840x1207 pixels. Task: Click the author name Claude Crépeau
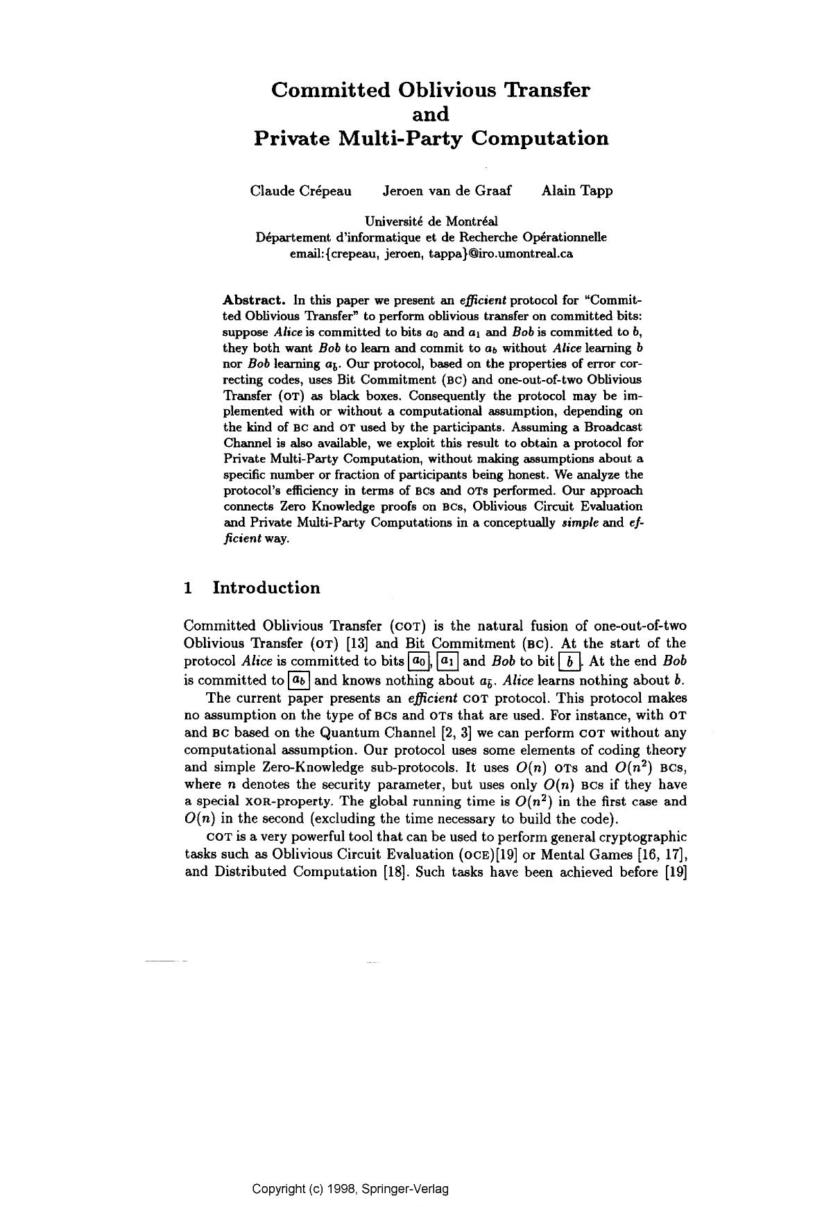coord(300,191)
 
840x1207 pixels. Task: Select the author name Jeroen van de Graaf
coord(447,191)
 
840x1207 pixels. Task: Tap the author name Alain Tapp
coord(577,191)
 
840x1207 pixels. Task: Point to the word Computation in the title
coord(540,138)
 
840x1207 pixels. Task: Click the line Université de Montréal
coord(431,222)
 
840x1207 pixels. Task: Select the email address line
coord(431,253)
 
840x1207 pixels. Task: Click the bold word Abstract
coord(254,300)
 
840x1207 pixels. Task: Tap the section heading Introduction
coord(266,588)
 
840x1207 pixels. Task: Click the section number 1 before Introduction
coord(188,588)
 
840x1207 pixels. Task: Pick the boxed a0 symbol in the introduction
coord(419,662)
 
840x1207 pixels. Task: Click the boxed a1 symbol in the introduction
coord(447,662)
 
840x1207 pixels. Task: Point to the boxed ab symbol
coord(299,680)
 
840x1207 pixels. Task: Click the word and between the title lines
coord(431,114)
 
